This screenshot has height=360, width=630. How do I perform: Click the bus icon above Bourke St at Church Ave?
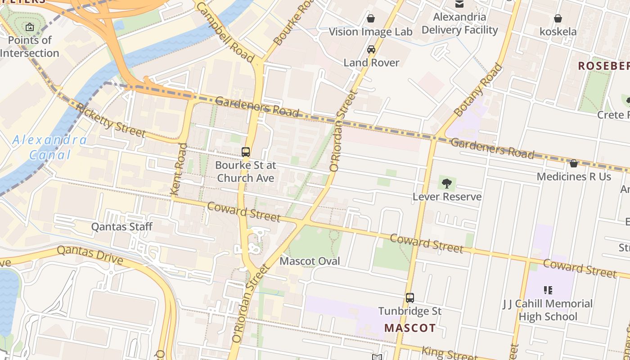tap(246, 152)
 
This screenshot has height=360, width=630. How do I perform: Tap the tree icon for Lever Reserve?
tap(446, 183)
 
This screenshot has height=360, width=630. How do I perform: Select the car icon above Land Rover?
tap(371, 49)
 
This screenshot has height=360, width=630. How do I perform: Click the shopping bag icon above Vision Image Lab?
tap(371, 18)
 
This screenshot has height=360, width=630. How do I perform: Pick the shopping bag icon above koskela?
tap(558, 18)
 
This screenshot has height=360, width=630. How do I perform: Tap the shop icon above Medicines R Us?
tap(574, 163)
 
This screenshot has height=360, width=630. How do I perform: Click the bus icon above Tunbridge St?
tap(410, 297)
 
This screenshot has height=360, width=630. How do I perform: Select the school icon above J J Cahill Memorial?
tap(548, 290)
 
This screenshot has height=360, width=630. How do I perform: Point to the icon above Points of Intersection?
tap(30, 27)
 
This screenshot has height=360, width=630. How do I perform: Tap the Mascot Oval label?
tap(310, 261)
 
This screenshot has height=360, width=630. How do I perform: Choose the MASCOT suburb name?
tap(410, 328)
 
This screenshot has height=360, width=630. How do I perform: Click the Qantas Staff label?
tap(122, 226)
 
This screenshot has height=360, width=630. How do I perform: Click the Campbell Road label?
tap(225, 31)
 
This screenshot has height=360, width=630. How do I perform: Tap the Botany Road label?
tap(478, 90)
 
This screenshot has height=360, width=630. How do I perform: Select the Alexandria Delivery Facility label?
tap(459, 23)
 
